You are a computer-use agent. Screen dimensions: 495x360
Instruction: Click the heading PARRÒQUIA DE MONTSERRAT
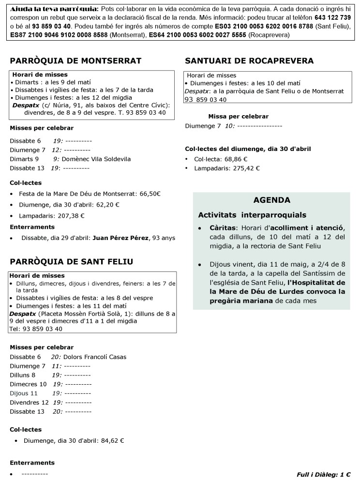[x=75, y=60]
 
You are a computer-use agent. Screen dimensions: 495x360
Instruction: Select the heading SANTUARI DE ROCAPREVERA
[x=249, y=60]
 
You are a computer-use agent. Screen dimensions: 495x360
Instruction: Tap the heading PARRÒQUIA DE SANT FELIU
[x=72, y=262]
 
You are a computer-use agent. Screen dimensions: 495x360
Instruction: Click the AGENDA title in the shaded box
[x=271, y=200]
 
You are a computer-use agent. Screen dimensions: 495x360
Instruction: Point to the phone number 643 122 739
[x=332, y=17]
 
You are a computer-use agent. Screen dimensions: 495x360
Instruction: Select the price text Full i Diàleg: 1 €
[x=323, y=475]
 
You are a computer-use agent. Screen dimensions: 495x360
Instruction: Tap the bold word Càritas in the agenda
[x=223, y=227]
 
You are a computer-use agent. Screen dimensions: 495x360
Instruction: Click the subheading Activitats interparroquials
[x=252, y=215]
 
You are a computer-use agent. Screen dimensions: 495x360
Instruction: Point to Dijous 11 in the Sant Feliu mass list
[x=24, y=393]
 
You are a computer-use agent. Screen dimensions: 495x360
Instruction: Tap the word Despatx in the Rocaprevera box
[x=196, y=91]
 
